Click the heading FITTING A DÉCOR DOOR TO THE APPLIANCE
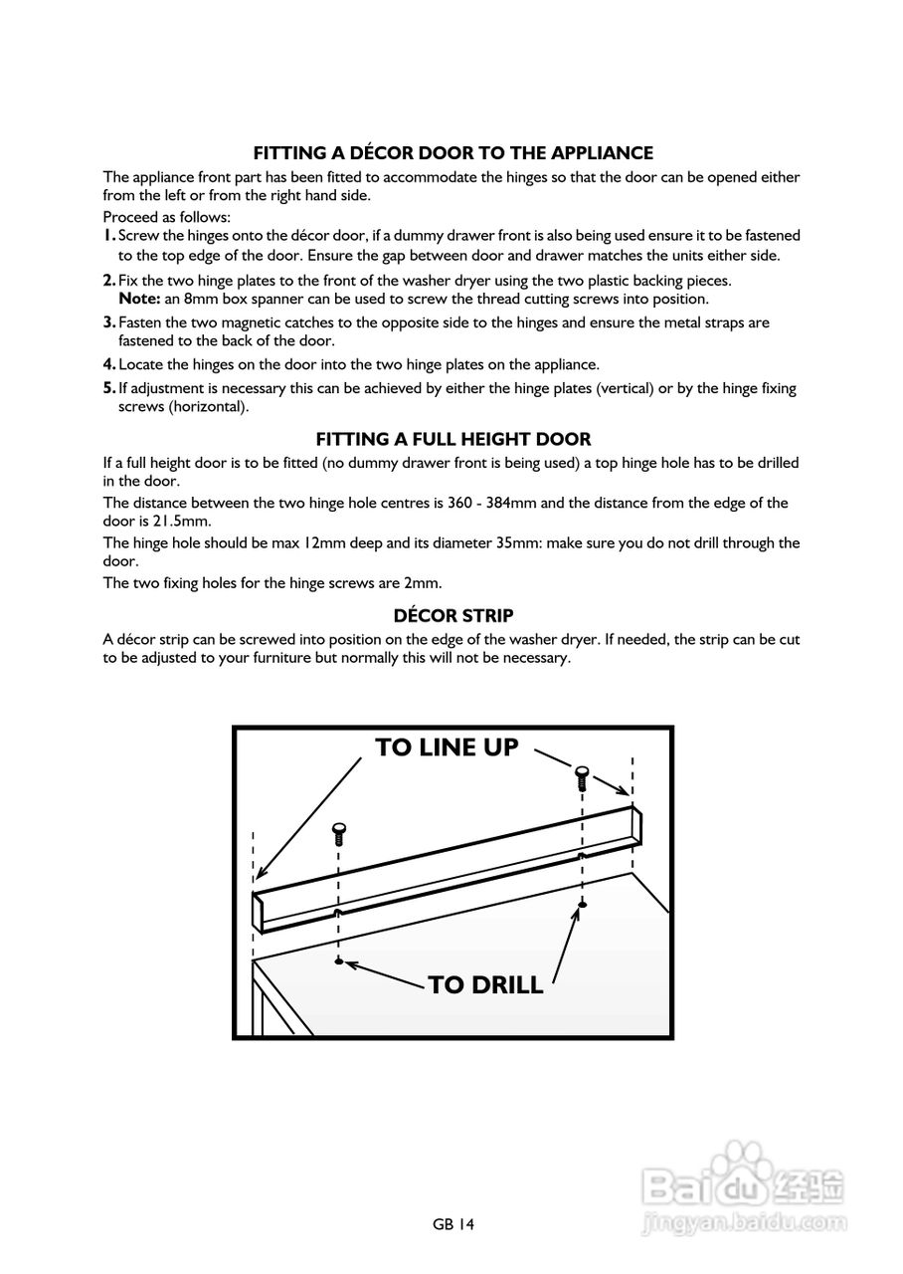click(452, 153)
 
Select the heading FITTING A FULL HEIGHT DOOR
click(452, 439)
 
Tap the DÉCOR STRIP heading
click(452, 616)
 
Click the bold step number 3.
click(109, 322)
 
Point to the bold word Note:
click(138, 299)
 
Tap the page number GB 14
click(453, 1225)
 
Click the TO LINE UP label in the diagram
click(447, 747)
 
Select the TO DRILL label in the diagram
click(485, 985)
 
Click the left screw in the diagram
click(339, 831)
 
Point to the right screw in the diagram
click(583, 774)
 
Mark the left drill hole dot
click(339, 961)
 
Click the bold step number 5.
click(109, 389)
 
